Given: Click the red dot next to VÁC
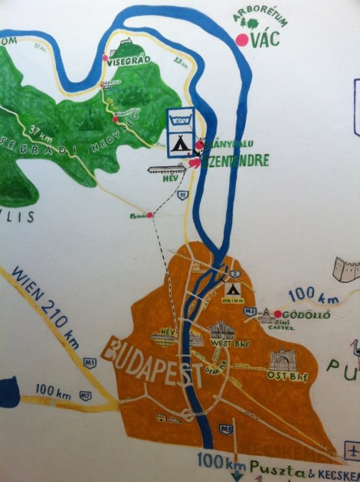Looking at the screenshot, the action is [x=243, y=40].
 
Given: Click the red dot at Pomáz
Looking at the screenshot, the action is [x=150, y=215].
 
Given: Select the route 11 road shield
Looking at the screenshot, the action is [x=182, y=197].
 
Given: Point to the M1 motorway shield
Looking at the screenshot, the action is [x=90, y=363].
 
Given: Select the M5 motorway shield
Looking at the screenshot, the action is [x=228, y=429].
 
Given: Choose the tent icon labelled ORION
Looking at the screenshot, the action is [x=232, y=290].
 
